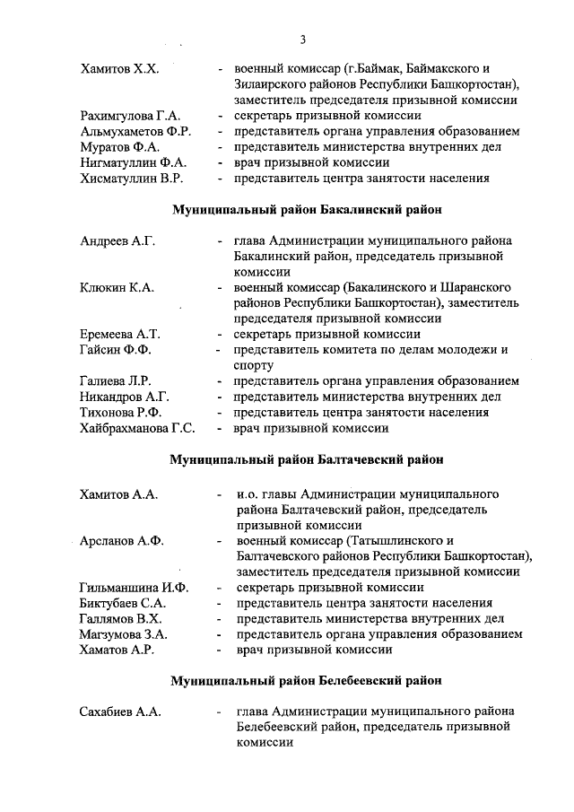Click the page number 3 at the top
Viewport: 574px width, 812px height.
click(303, 39)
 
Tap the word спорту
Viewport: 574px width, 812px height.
click(254, 365)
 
